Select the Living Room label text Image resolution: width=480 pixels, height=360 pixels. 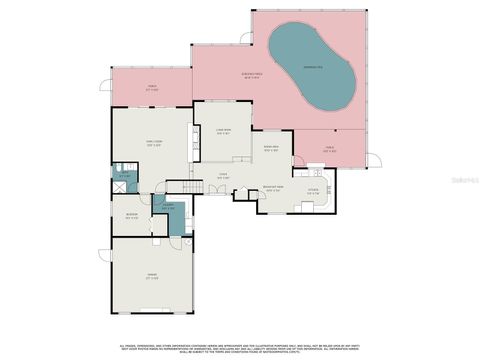click(223, 131)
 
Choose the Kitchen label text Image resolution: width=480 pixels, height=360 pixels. click(313, 191)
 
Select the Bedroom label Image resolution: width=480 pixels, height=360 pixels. click(131, 215)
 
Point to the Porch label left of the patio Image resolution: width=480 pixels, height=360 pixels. click(152, 88)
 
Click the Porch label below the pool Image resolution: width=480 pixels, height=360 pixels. click(330, 149)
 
